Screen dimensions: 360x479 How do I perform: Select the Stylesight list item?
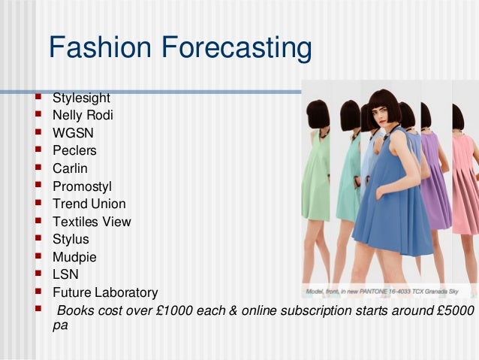click(x=81, y=98)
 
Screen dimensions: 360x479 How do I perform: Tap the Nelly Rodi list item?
click(x=83, y=115)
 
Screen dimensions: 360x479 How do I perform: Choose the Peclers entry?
click(x=74, y=150)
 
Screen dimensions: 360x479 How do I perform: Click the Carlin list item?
click(x=70, y=168)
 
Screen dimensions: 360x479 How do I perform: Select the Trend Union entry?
click(x=89, y=204)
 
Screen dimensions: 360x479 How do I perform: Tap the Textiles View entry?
click(x=92, y=222)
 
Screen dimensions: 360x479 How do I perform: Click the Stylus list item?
click(x=71, y=239)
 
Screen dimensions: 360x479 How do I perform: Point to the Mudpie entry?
click(x=74, y=257)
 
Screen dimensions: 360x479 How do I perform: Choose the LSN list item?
click(x=65, y=274)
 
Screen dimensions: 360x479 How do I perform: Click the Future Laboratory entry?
click(x=105, y=292)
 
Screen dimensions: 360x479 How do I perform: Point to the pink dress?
click(x=462, y=188)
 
